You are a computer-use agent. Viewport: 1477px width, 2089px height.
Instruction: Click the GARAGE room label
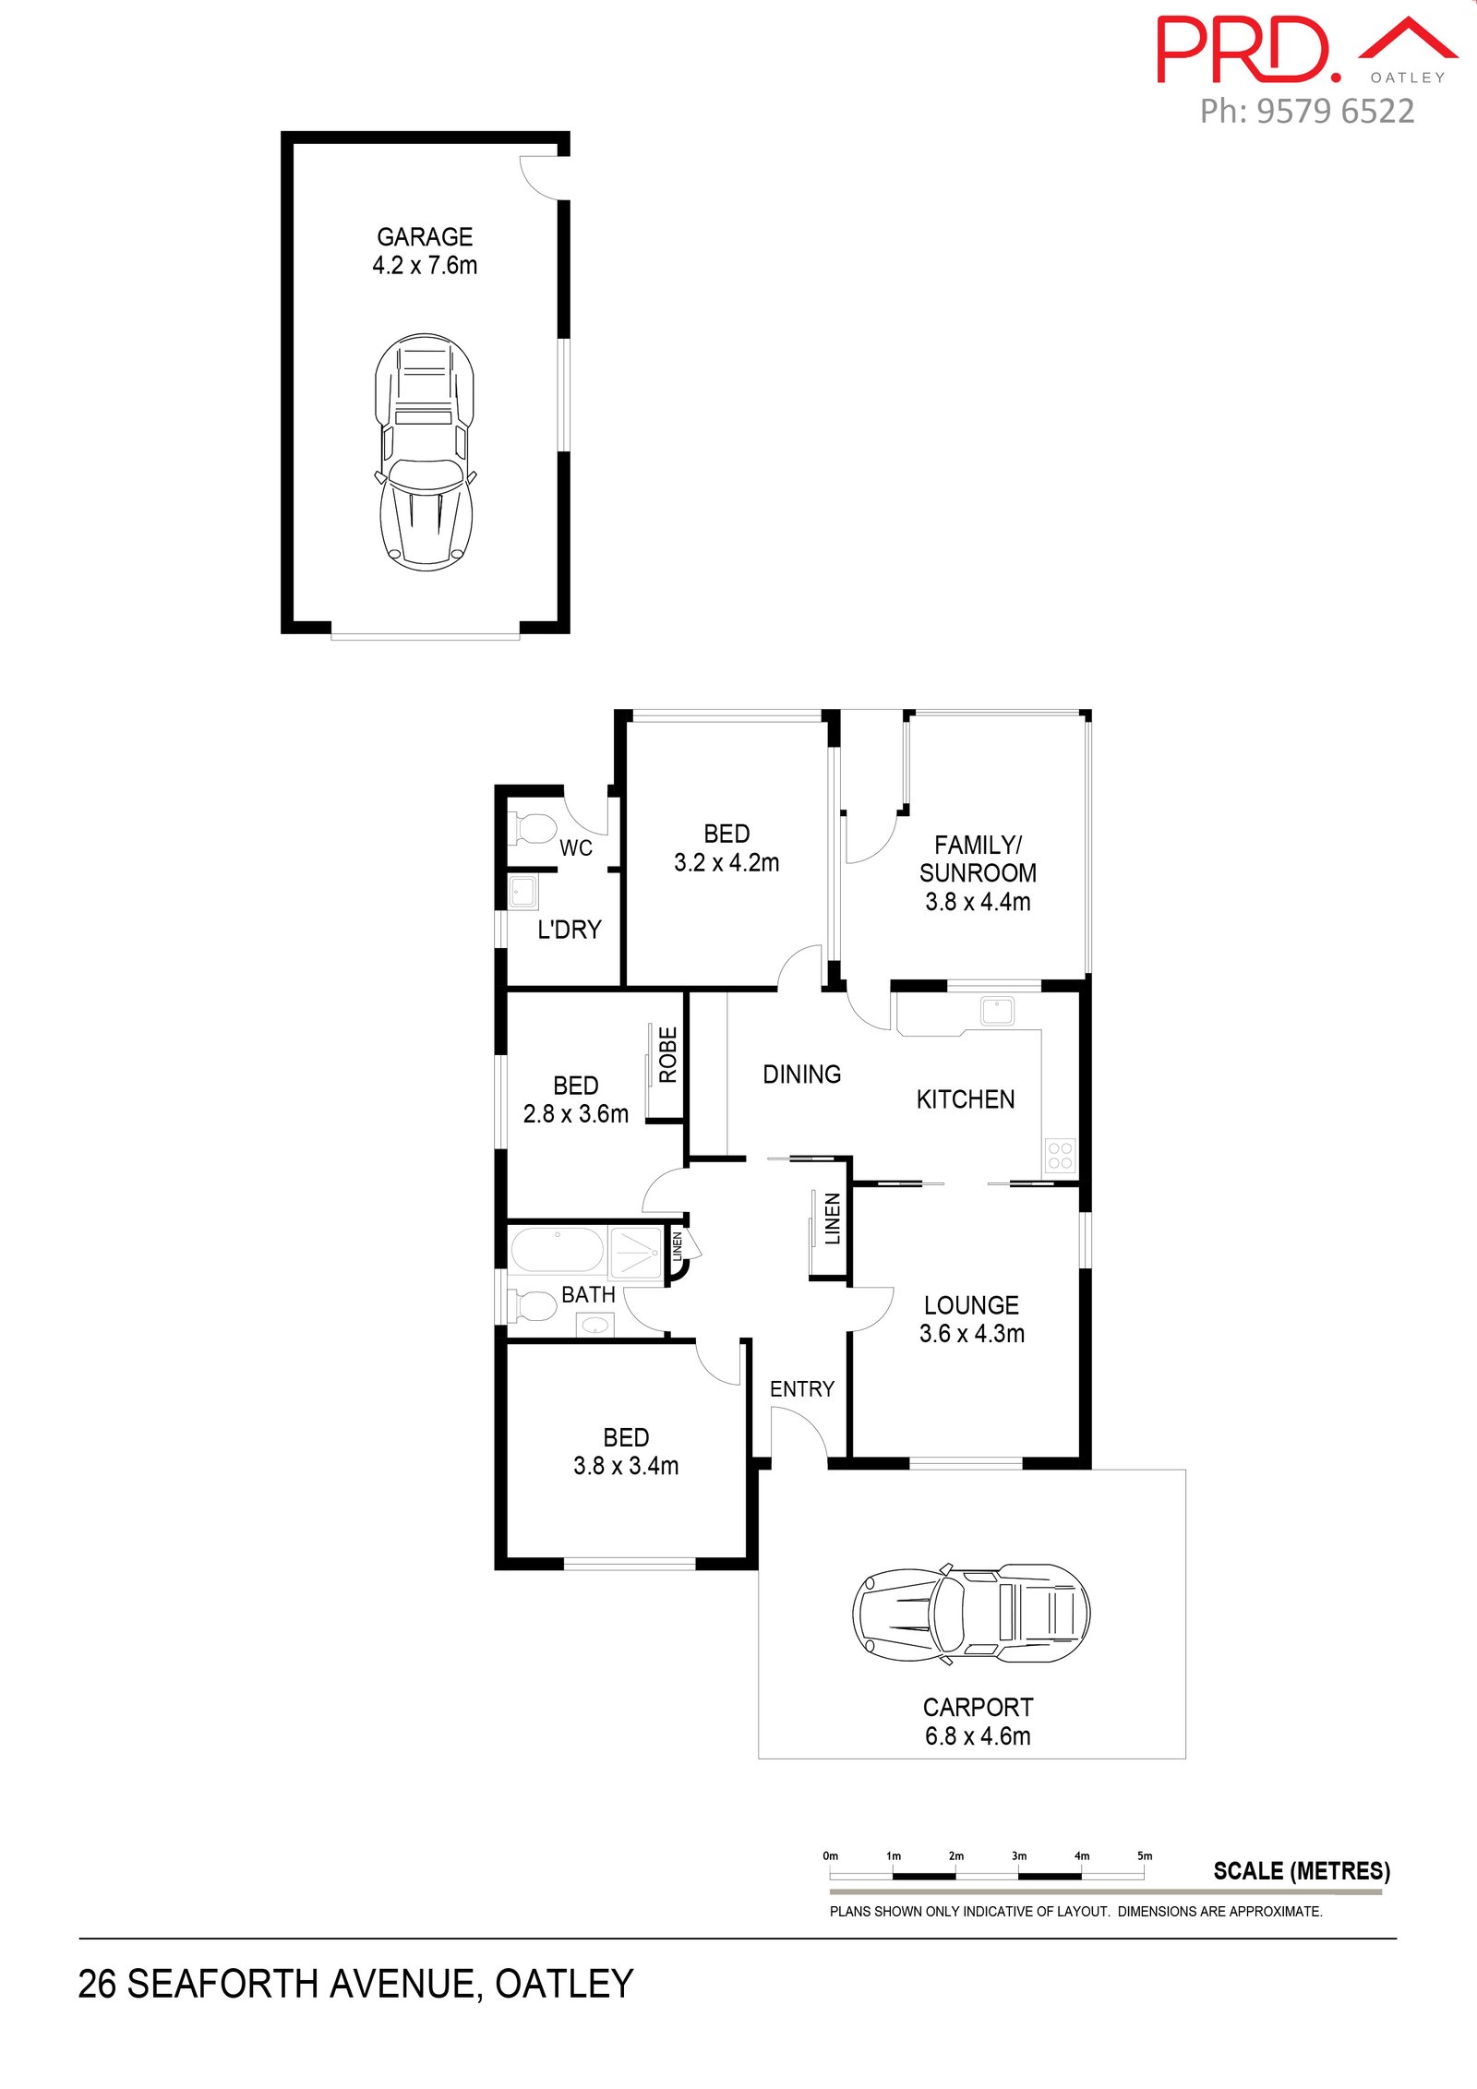pyautogui.click(x=425, y=237)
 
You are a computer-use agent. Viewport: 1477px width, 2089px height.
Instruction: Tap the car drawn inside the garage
pyautogui.click(x=425, y=452)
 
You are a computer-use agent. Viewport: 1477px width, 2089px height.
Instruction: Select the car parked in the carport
pyautogui.click(x=971, y=1615)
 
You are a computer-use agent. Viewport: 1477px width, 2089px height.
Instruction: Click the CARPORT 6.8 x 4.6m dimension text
pyautogui.click(x=978, y=1736)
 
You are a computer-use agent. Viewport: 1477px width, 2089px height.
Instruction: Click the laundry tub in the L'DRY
pyautogui.click(x=523, y=893)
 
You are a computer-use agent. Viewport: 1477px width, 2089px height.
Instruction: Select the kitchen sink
pyautogui.click(x=998, y=1011)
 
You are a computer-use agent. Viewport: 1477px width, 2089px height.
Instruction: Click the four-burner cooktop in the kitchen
pyautogui.click(x=1061, y=1156)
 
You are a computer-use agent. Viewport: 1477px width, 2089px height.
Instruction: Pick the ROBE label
pyautogui.click(x=667, y=1054)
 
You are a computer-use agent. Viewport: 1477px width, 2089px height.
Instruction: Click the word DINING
pyautogui.click(x=801, y=1075)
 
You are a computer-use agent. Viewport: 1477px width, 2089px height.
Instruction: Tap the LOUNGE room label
pyautogui.click(x=971, y=1305)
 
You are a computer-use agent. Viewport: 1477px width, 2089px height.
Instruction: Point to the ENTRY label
pyautogui.click(x=801, y=1389)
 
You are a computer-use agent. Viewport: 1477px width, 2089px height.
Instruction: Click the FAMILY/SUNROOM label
pyautogui.click(x=978, y=858)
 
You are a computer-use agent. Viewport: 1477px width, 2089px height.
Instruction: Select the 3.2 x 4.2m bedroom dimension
pyautogui.click(x=726, y=863)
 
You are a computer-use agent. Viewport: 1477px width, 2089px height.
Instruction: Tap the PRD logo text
pyautogui.click(x=1248, y=51)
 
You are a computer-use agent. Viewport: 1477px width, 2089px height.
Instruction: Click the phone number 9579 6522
pyautogui.click(x=1335, y=112)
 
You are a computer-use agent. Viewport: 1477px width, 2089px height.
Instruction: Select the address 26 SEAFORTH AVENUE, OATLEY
pyautogui.click(x=355, y=1984)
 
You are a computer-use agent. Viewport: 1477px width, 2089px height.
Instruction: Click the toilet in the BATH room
pyautogui.click(x=533, y=1306)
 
